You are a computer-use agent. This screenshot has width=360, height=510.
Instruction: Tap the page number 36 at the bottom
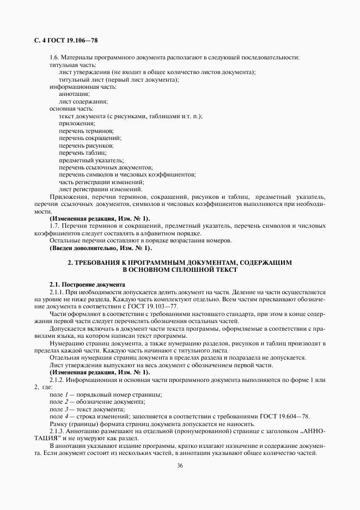click(x=180, y=465)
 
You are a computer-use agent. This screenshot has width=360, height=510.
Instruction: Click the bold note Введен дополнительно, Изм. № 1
click(x=93, y=248)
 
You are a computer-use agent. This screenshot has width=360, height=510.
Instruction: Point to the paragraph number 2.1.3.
click(x=57, y=431)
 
